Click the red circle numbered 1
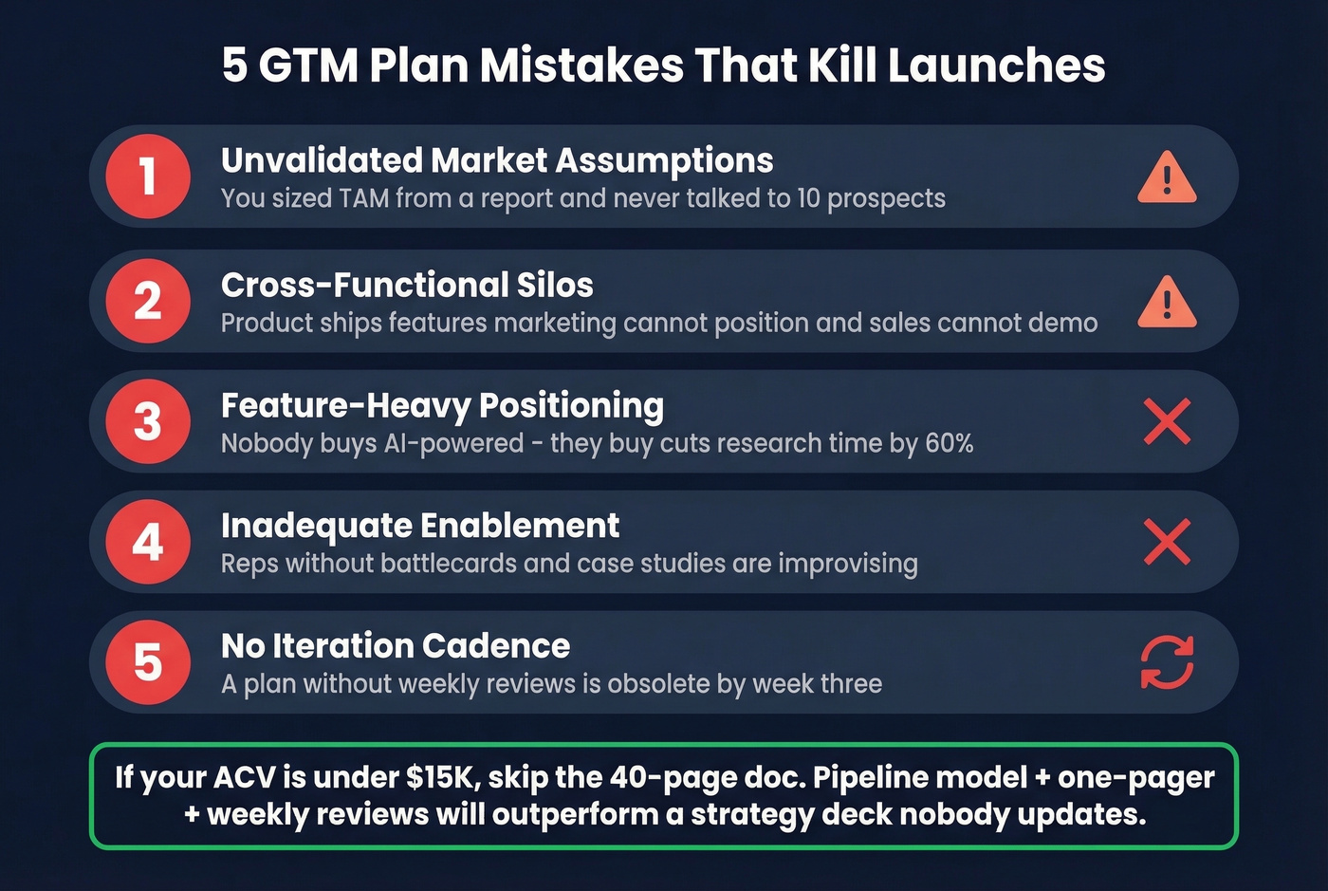[148, 176]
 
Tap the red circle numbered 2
[148, 301]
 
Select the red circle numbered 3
[148, 421]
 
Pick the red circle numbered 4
[148, 542]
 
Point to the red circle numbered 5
[148, 662]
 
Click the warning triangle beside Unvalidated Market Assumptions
[1167, 178]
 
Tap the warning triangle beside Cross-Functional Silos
[1167, 303]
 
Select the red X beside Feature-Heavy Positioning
[1167, 421]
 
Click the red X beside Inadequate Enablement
[1167, 542]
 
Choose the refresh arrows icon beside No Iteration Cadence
[1167, 662]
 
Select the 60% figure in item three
[949, 443]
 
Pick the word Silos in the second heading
[555, 285]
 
